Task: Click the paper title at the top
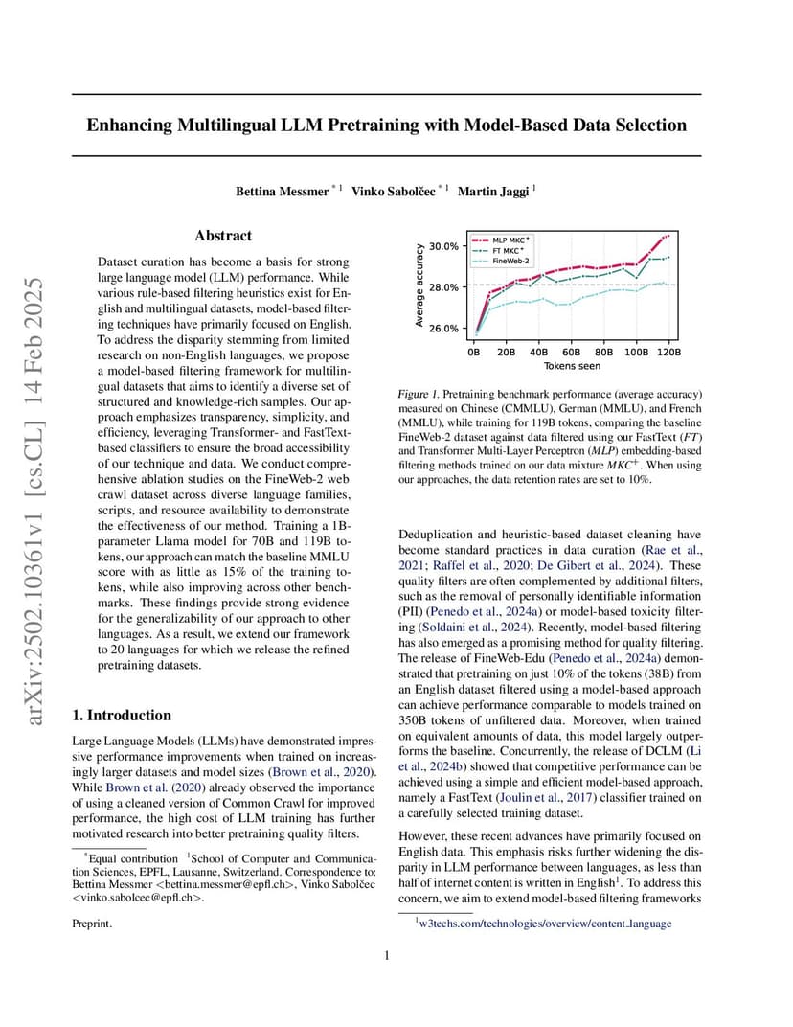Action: (x=386, y=126)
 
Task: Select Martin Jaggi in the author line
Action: (x=491, y=192)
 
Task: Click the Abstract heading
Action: (x=223, y=236)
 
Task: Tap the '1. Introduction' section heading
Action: (x=123, y=715)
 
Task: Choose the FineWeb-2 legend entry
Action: (x=510, y=260)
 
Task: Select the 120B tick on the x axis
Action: (x=669, y=352)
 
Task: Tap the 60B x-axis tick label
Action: (x=572, y=352)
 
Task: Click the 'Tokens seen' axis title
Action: (x=572, y=365)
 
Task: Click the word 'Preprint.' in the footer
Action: (x=93, y=924)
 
